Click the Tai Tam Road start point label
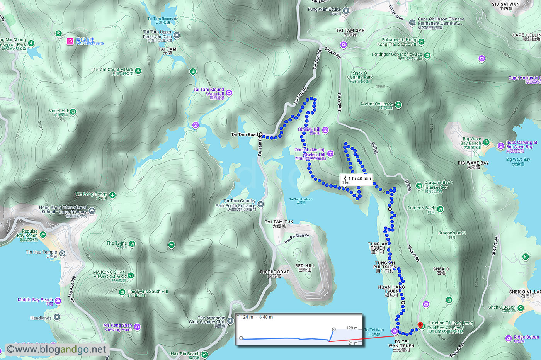tap(244, 134)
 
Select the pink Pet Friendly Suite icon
tap(70, 41)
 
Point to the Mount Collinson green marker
tap(398, 105)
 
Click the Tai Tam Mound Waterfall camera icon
tap(229, 93)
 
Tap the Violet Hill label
tap(58, 111)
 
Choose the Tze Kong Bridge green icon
tap(112, 195)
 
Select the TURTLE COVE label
tap(274, 272)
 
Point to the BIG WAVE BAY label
tap(473, 163)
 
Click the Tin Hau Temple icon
tap(62, 253)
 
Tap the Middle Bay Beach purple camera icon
tap(58, 301)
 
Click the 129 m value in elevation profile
tap(352, 328)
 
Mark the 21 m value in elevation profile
tap(353, 343)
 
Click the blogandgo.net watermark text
tap(57, 349)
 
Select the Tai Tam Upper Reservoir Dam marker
tap(177, 36)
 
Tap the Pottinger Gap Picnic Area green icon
tap(427, 56)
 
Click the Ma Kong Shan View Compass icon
tap(131, 275)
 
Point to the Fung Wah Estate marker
tap(346, 11)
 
